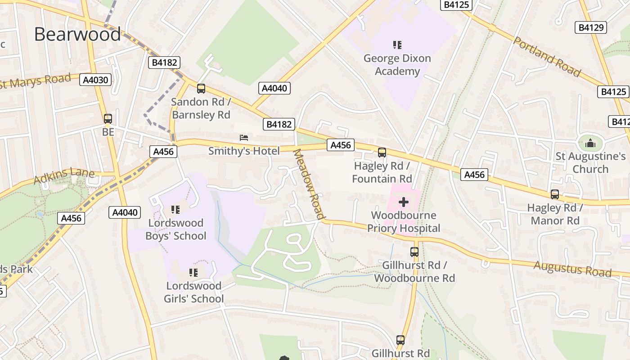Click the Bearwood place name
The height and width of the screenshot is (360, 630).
[x=77, y=35]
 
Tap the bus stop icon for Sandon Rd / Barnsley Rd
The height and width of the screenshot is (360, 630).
[x=201, y=89]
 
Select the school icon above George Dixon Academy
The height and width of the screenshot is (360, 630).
[x=397, y=45]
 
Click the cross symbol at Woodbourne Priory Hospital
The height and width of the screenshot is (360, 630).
[x=404, y=202]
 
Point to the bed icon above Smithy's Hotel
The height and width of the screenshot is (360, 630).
[x=243, y=137]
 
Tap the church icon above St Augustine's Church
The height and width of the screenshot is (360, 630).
[x=590, y=144]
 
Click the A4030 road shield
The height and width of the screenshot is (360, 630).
[x=95, y=80]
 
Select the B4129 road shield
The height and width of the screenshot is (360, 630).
[x=590, y=27]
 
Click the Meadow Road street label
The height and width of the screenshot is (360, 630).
[x=309, y=184]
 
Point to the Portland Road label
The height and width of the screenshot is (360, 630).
[x=547, y=57]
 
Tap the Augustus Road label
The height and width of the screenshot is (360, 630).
[x=572, y=269]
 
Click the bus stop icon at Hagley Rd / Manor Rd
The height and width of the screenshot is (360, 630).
[x=554, y=194]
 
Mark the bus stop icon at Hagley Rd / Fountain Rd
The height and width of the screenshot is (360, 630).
[x=382, y=153]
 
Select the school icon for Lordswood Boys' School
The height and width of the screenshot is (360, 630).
[x=175, y=209]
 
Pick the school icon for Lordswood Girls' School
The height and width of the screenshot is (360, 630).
[x=193, y=272]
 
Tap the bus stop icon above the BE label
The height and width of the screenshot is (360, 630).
[x=108, y=119]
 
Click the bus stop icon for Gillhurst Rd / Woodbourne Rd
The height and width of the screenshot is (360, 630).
[x=414, y=252]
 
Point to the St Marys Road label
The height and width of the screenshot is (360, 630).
[x=36, y=81]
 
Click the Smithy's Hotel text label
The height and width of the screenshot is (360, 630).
[x=243, y=151]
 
